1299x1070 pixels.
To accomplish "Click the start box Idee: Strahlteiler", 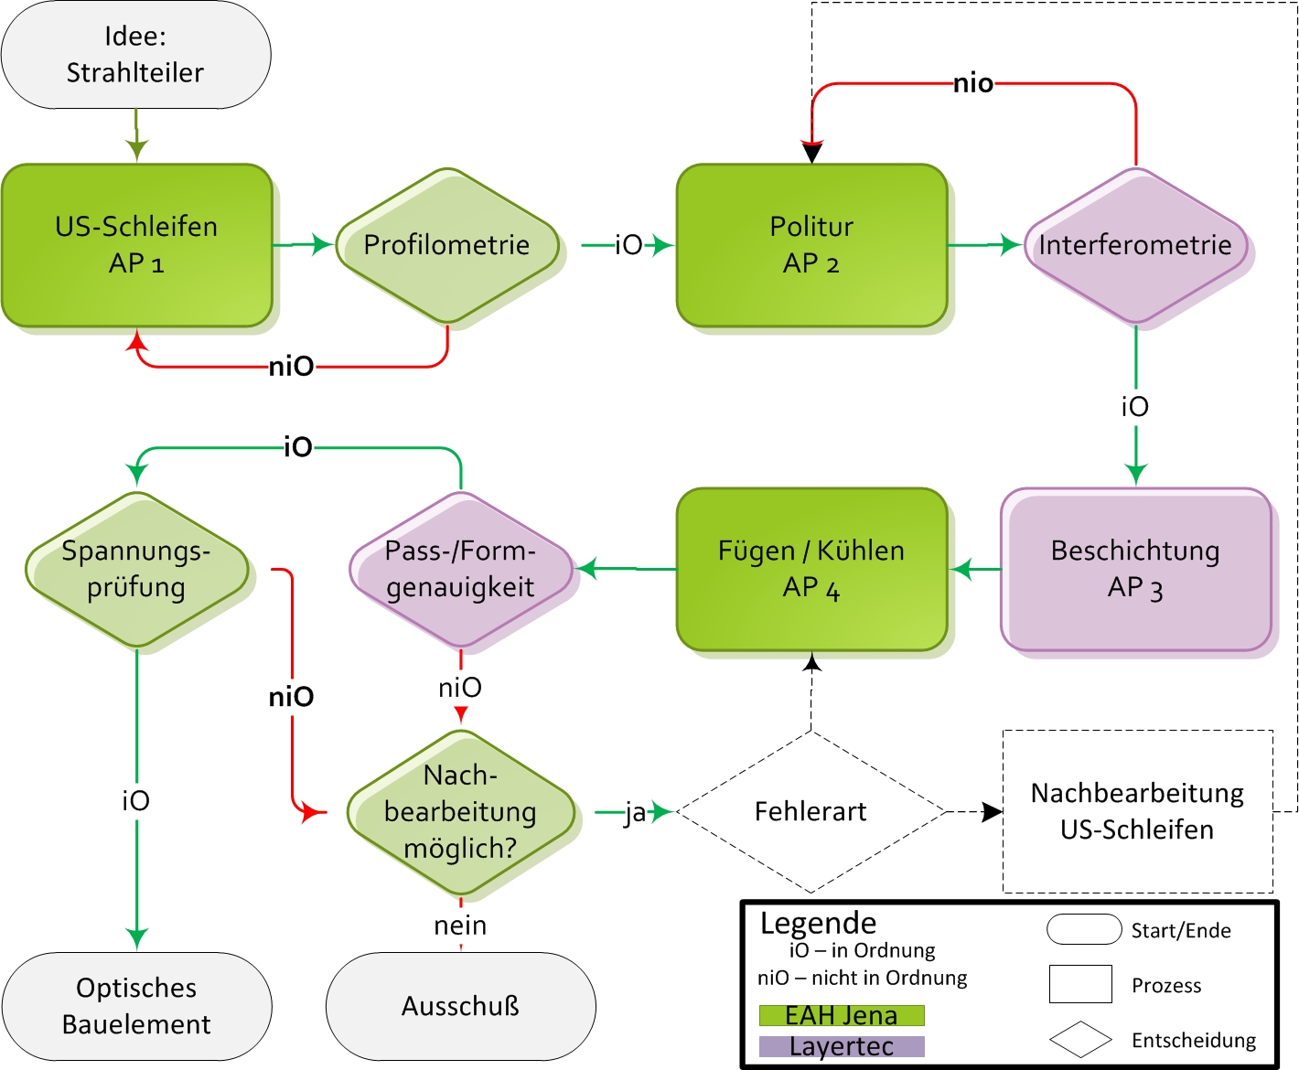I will point(136,55).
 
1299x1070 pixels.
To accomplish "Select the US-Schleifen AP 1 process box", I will point(137,245).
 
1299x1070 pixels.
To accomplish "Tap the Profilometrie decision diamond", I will point(447,245).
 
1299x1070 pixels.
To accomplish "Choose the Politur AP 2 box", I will point(811,245).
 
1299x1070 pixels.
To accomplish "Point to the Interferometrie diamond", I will point(1135,245).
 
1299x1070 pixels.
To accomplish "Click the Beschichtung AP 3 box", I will point(1135,569).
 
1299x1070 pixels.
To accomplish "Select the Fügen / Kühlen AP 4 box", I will point(811,569).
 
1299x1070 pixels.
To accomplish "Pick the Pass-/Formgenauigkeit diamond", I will point(460,569).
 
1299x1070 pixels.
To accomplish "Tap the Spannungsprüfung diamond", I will point(136,569).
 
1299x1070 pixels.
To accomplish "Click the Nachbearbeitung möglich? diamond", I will point(460,812).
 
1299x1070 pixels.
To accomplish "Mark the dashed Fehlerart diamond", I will point(811,812).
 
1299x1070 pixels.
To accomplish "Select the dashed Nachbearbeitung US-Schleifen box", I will point(1137,811).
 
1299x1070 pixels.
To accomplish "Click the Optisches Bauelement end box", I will point(136,1006).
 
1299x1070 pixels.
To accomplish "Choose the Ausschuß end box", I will point(460,1006).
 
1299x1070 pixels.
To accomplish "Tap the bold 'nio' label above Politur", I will point(973,84).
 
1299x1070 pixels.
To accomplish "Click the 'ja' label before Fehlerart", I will point(635,812).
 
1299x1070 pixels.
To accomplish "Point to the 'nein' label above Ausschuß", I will point(460,926).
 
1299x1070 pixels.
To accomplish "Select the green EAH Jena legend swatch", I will point(842,1015).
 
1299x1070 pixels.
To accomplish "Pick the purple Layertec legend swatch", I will point(842,1046).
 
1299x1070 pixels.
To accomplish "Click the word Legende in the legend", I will point(818,923).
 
